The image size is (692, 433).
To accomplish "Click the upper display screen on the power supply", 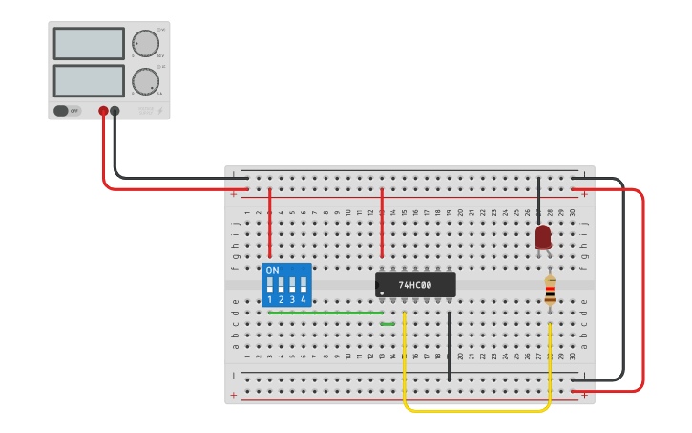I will [x=89, y=43].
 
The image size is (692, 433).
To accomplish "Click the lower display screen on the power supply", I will [x=89, y=80].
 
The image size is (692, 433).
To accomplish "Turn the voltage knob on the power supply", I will [x=145, y=44].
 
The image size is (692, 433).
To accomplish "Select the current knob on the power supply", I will [x=145, y=81].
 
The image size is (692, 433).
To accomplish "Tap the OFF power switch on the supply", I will [x=66, y=111].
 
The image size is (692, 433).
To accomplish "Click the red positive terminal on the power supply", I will [x=103, y=111].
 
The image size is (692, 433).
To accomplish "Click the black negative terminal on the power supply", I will [x=115, y=111].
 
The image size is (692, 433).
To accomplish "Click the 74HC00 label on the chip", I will [x=415, y=285].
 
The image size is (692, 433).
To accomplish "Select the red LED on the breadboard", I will [x=543, y=237].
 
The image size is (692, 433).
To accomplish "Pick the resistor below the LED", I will [x=550, y=291].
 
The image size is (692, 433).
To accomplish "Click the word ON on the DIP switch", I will [x=273, y=271].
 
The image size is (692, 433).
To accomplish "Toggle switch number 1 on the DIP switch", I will [x=270, y=286].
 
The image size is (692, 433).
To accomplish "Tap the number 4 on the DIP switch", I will [x=304, y=300].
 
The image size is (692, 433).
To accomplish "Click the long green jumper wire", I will [x=325, y=313].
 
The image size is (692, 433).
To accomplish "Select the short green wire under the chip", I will [x=388, y=324].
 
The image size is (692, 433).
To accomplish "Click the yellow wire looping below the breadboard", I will [x=477, y=411].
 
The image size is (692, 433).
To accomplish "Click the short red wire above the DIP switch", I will [x=270, y=222].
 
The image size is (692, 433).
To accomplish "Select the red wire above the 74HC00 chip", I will [x=382, y=222].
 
